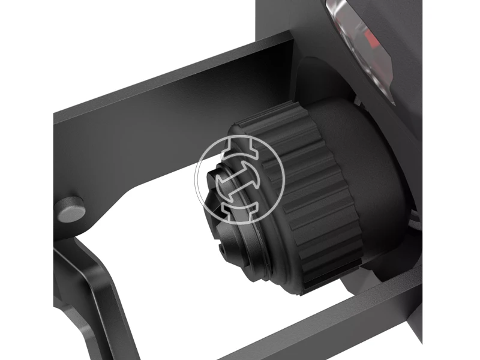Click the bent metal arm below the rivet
[x=90, y=282]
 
